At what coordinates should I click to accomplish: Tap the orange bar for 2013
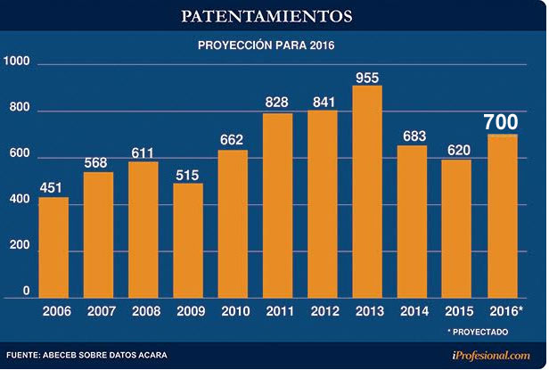tap(368, 192)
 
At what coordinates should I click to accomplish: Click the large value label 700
tap(503, 122)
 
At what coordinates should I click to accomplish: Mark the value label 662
tap(233, 140)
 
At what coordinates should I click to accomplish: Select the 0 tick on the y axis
tap(26, 291)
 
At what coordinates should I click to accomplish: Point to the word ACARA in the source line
tap(148, 356)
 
